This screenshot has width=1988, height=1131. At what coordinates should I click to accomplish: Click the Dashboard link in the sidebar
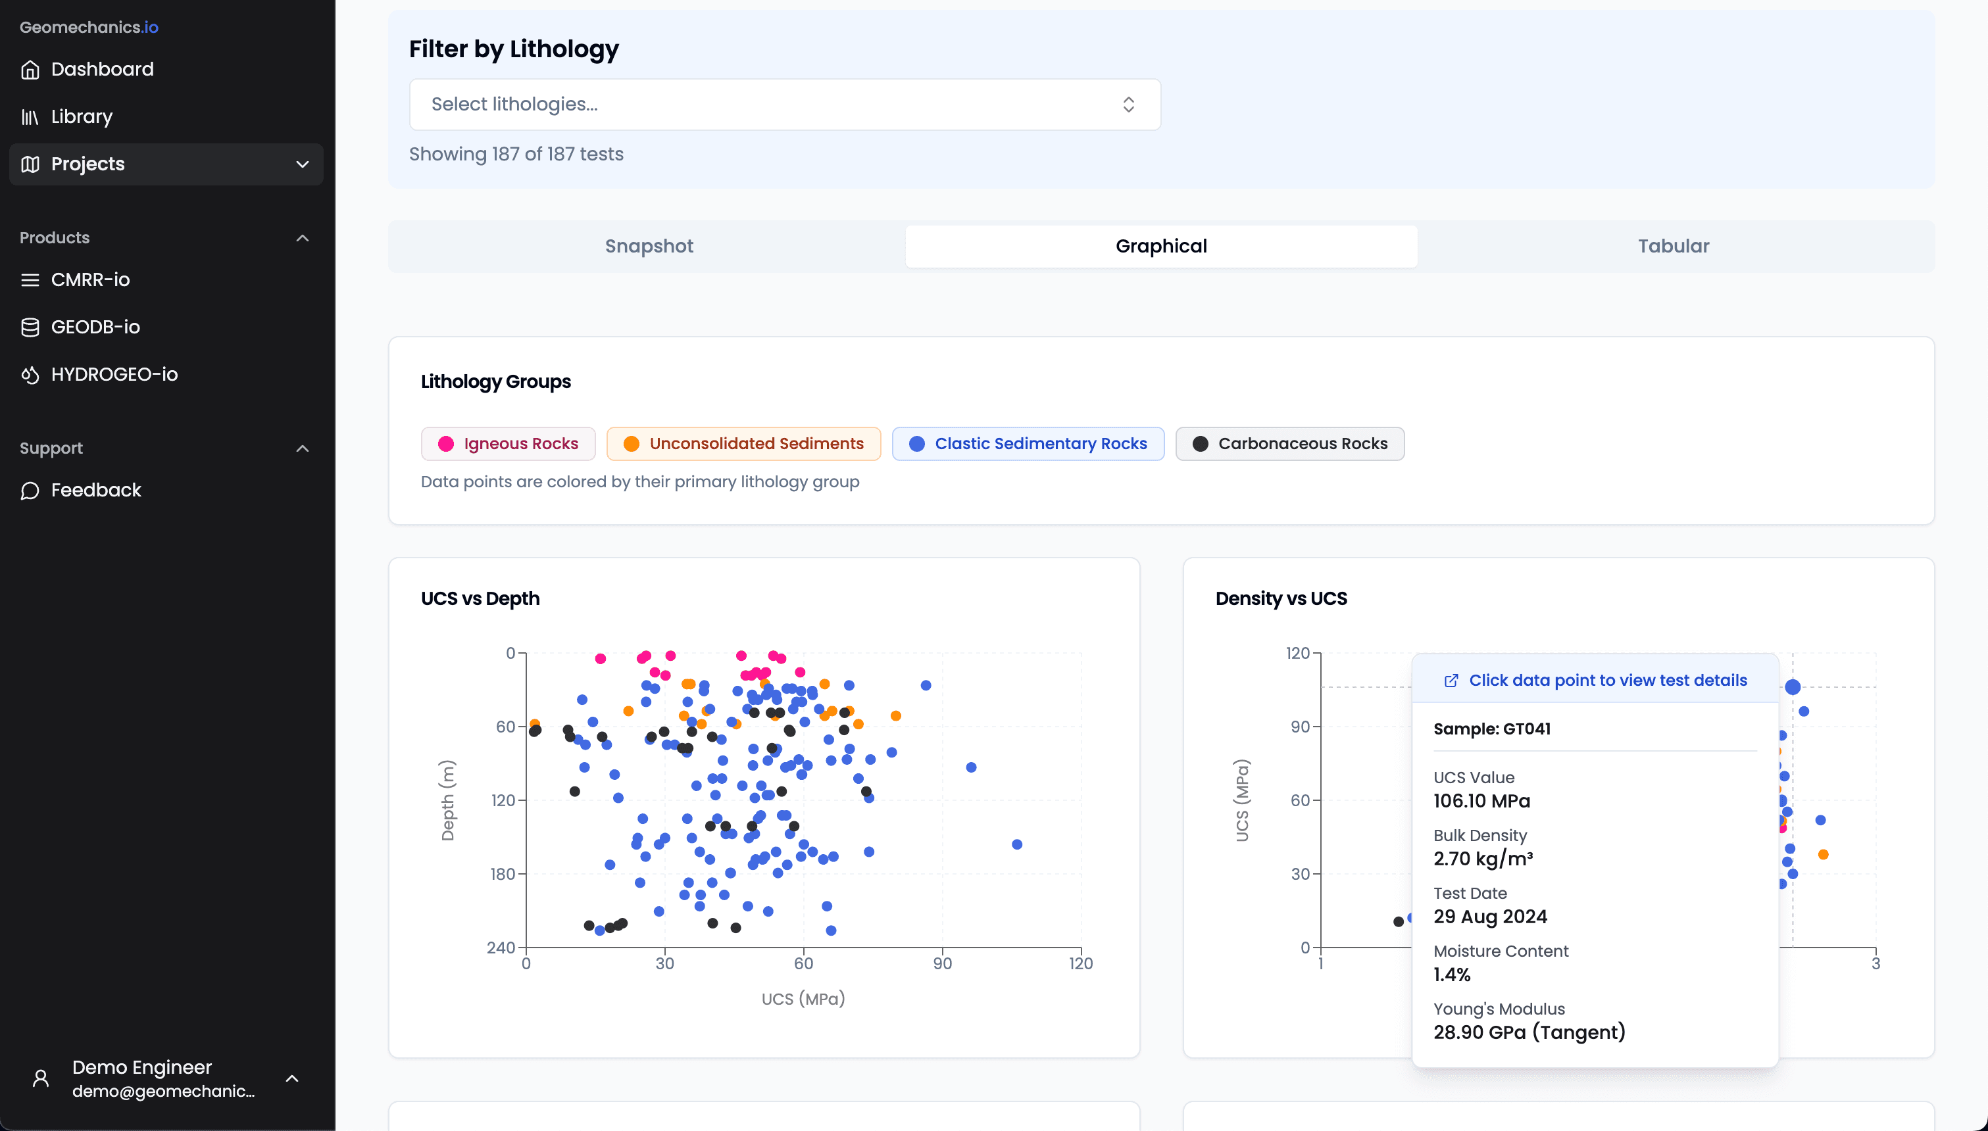pos(102,69)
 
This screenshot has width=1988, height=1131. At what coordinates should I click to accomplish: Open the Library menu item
pos(82,116)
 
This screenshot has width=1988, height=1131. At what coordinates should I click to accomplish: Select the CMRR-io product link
pos(90,279)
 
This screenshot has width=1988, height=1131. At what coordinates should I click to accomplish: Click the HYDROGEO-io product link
pos(114,374)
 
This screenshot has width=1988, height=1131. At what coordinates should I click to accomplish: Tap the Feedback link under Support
pos(95,490)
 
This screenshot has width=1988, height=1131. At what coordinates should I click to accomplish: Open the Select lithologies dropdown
pos(785,104)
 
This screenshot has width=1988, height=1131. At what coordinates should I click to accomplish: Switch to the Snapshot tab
pos(649,246)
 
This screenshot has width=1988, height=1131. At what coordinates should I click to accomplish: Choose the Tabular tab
pos(1674,246)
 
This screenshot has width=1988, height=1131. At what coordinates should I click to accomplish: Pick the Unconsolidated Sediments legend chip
pos(743,444)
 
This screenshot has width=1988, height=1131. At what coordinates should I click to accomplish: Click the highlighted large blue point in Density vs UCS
pos(1792,686)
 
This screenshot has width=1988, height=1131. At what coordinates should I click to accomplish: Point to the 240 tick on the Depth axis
pos(501,948)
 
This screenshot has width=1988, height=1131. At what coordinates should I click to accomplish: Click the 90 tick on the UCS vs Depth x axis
pos(942,964)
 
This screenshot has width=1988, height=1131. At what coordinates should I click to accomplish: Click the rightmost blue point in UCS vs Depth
pos(1017,844)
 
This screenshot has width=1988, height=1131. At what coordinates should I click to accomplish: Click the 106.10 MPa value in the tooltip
pos(1481,801)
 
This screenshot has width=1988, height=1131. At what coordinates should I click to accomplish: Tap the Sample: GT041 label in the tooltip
pos(1491,729)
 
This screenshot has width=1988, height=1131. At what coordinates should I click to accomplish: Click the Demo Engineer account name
pos(142,1067)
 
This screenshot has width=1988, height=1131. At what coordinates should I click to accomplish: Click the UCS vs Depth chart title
pos(480,599)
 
